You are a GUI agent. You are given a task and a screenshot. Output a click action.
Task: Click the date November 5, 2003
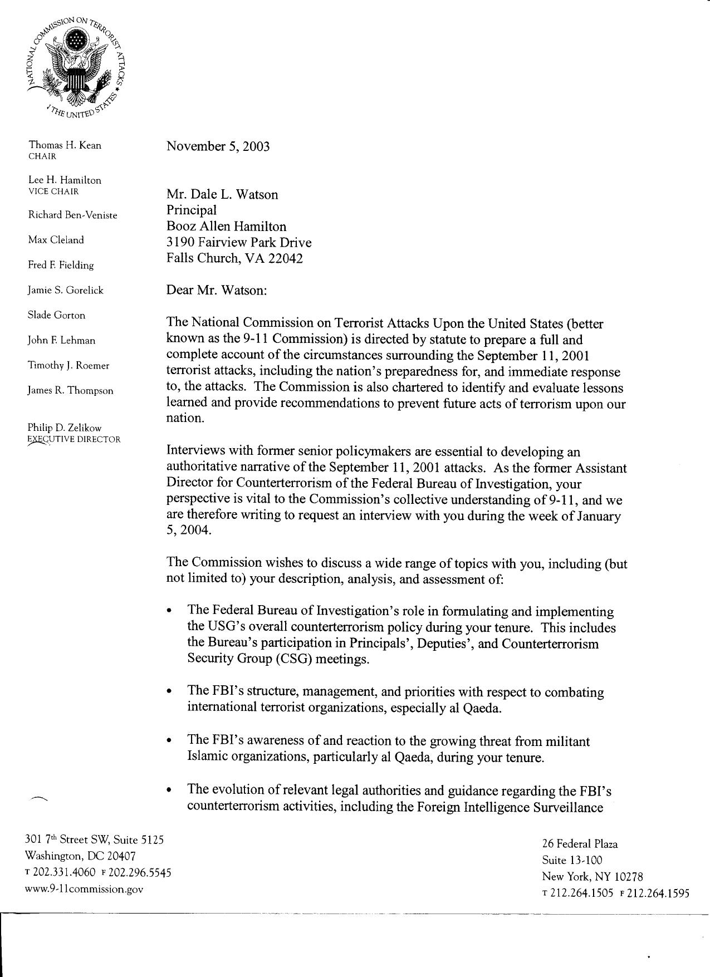click(x=218, y=146)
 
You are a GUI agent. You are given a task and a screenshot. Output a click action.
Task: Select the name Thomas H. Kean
click(x=65, y=145)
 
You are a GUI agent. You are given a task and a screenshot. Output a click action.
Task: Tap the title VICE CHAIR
click(x=53, y=191)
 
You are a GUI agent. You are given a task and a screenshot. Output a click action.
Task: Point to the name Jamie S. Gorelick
click(x=66, y=290)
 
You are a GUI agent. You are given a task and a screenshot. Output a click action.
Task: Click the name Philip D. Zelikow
click(x=65, y=428)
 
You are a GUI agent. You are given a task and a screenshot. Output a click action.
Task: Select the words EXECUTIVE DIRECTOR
click(x=74, y=439)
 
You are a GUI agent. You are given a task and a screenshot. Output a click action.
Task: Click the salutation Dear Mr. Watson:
click(x=217, y=290)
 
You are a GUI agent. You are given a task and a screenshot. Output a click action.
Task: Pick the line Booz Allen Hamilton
click(x=226, y=227)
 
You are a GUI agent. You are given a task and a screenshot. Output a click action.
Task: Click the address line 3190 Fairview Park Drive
click(x=239, y=243)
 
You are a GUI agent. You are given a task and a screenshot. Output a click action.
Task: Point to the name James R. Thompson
click(x=70, y=390)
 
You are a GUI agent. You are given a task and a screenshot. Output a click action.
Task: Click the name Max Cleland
click(x=56, y=240)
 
